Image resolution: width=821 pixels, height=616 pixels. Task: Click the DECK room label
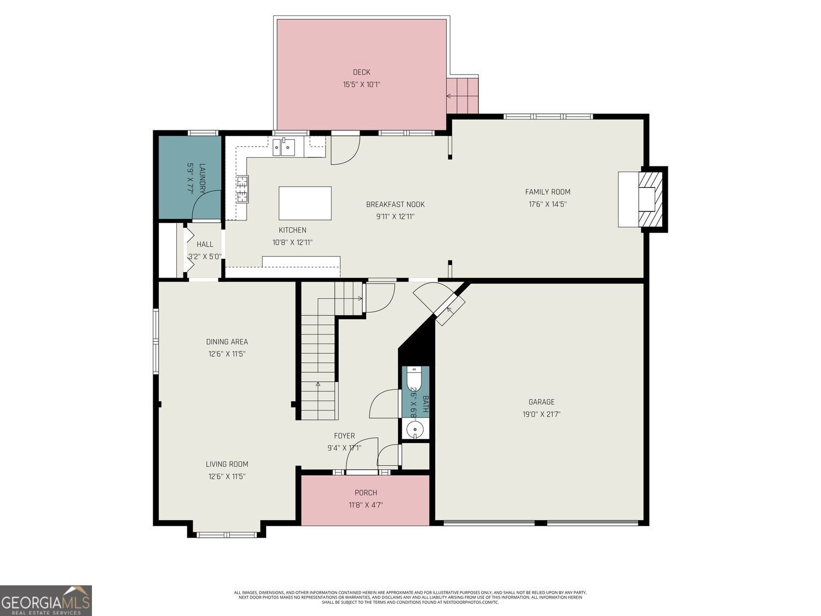coord(361,72)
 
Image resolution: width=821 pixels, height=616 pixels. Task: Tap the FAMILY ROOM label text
coord(547,192)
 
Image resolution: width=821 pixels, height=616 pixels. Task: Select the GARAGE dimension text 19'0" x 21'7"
coord(541,414)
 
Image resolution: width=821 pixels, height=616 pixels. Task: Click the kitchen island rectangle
coord(305,203)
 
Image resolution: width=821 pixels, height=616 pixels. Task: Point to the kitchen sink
coord(284,147)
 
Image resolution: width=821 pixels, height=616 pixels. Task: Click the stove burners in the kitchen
coord(242,189)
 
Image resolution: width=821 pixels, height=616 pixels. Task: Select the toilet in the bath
coord(413,379)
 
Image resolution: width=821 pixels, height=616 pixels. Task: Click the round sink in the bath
coord(415,429)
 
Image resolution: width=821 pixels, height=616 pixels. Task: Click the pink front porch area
coord(365,500)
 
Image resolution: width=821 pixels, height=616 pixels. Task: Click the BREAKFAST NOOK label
coord(395,204)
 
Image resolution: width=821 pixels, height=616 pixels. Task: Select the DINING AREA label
coord(227,342)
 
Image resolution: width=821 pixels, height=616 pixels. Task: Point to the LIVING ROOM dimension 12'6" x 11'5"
coord(227,476)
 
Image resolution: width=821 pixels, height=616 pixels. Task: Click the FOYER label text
coord(344,436)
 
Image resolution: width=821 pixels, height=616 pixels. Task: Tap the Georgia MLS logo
coord(46,601)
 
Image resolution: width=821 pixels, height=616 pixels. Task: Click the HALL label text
coord(205,244)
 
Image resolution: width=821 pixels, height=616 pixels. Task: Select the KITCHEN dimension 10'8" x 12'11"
coord(292,243)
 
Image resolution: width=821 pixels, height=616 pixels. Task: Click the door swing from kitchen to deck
coord(345,151)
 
